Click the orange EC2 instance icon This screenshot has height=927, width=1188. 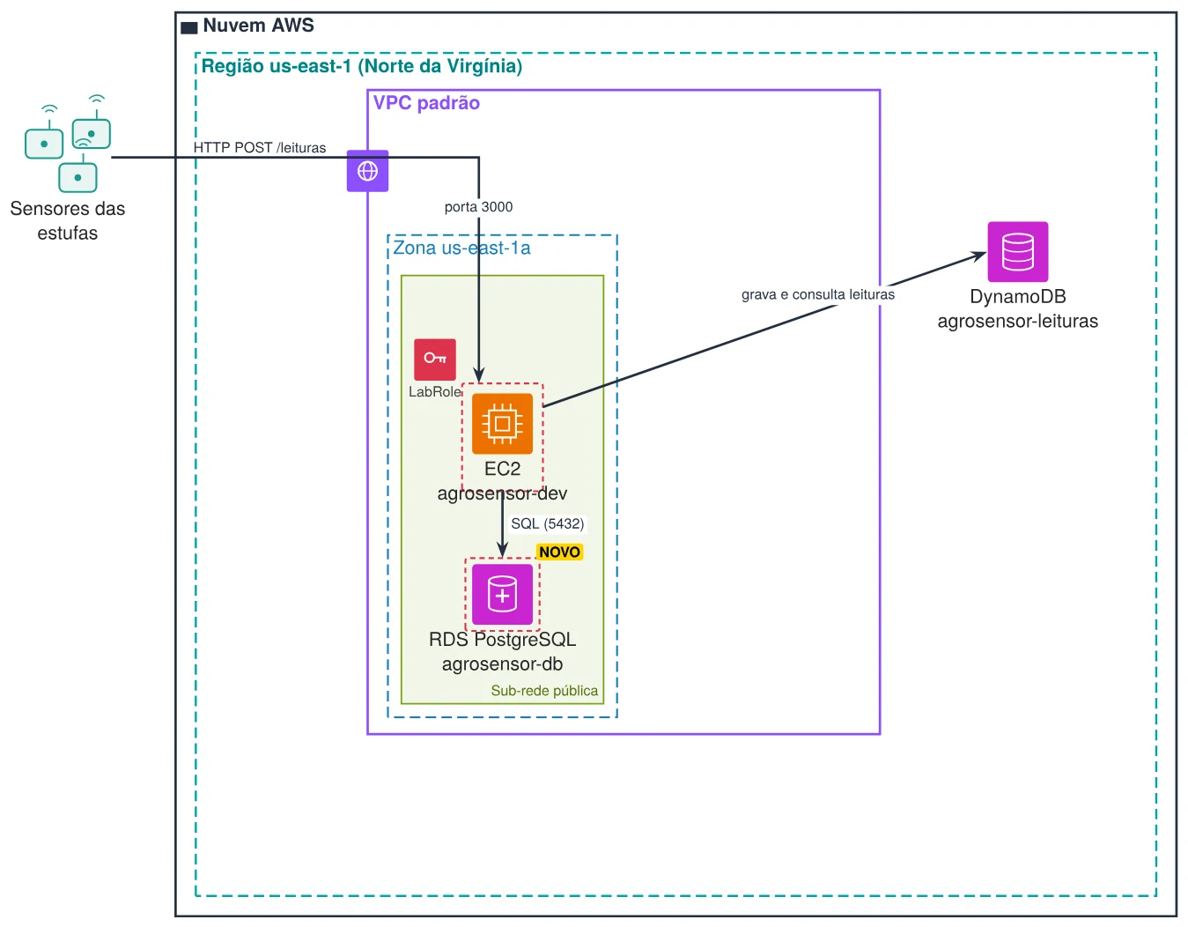502,423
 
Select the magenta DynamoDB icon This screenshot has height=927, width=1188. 1017,251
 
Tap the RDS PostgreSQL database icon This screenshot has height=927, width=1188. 502,594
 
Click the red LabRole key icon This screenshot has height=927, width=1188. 435,360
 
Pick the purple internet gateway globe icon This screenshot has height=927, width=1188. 367,171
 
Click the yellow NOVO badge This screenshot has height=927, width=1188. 559,552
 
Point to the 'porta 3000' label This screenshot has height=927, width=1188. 478,207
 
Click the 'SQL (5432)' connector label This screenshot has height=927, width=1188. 547,523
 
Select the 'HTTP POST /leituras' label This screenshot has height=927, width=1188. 259,148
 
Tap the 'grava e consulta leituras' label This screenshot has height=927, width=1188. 818,294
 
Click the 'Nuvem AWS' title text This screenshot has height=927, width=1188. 259,26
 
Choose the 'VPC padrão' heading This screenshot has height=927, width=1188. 426,103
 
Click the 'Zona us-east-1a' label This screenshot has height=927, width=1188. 461,248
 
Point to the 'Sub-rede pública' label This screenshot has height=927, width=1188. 544,690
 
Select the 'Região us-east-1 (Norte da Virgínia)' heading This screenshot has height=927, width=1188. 361,66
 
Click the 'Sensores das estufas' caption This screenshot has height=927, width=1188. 67,220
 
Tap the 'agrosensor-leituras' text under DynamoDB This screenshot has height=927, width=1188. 1017,321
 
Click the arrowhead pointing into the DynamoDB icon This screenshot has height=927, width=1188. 981,255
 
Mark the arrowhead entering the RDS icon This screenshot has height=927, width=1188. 502,550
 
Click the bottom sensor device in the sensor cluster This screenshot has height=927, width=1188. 77,177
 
